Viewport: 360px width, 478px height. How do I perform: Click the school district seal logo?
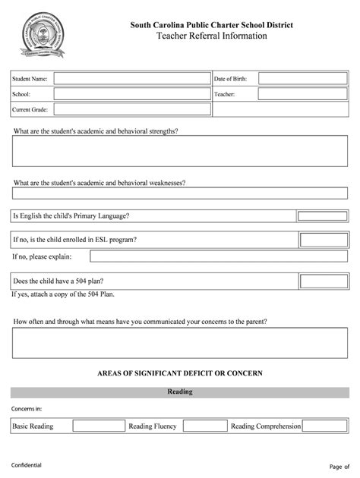pos(43,36)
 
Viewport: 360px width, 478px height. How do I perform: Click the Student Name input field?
pos(131,79)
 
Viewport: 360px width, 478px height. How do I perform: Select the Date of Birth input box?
pos(300,79)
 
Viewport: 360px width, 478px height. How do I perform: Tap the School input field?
pos(131,94)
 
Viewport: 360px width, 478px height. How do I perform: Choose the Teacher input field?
pos(300,94)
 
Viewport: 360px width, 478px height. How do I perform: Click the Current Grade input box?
pos(131,109)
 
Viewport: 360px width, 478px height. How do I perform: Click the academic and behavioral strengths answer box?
pos(179,150)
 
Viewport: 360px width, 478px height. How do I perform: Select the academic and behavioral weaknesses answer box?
pos(179,193)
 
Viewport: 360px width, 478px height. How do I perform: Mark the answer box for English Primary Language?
pos(322,216)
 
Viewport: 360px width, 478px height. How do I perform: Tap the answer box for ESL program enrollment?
pos(324,240)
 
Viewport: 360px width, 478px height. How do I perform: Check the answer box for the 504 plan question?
pos(324,281)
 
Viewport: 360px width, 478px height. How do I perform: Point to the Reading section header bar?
pos(179,392)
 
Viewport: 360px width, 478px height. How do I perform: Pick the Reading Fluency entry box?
pos(205,426)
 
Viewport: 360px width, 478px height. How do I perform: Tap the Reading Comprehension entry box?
pos(326,426)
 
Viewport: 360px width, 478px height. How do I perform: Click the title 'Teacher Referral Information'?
pos(211,36)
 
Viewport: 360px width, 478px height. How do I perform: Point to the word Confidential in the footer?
pos(27,464)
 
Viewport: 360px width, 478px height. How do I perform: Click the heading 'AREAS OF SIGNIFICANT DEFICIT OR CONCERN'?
pos(180,373)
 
